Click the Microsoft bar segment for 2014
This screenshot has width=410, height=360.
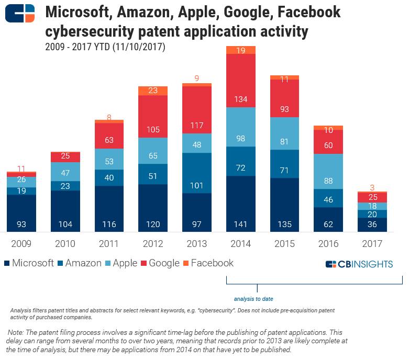point(240,204)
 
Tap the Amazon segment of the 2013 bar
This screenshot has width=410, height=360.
point(197,173)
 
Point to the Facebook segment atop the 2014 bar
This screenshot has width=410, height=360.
point(240,50)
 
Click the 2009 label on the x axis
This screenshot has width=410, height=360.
point(21,243)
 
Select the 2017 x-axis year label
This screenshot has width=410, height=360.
point(372,243)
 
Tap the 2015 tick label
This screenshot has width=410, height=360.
point(284,243)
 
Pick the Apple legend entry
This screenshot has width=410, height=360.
point(120,263)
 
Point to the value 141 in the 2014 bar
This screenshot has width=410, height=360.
point(240,225)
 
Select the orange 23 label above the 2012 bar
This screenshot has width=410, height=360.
point(153,91)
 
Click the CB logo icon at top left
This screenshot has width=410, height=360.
point(20,13)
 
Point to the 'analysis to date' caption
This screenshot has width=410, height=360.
point(253,299)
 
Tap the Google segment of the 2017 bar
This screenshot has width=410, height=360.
point(372,197)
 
